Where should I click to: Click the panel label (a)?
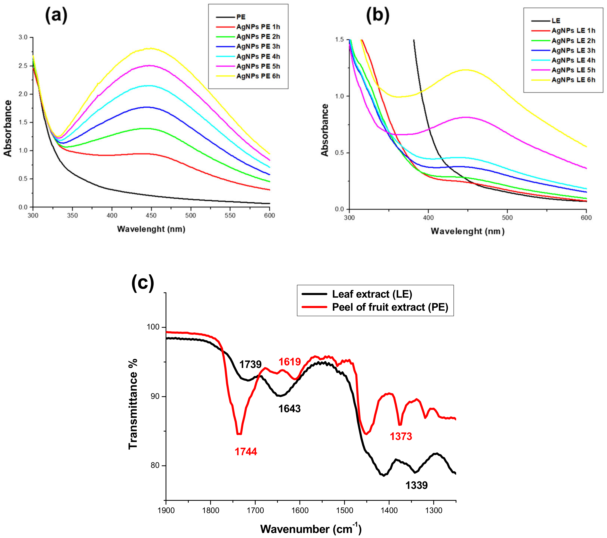[x=56, y=15]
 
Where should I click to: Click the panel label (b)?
[x=377, y=15]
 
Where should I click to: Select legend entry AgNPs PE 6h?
[x=258, y=76]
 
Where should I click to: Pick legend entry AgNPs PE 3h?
[x=258, y=47]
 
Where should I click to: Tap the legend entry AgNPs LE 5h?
[x=573, y=70]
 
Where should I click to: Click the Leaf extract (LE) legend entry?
[x=372, y=294]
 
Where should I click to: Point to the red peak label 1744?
[x=246, y=452]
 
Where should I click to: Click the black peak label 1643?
[x=289, y=409]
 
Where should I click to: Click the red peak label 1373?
[x=401, y=436]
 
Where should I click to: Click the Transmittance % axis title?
[x=133, y=404]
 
